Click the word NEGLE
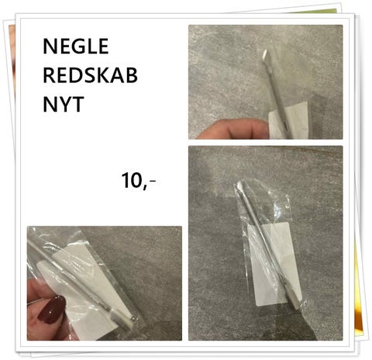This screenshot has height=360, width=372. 76,46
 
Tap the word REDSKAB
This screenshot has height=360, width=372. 90,75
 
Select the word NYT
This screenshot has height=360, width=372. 64,104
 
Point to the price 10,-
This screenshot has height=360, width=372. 139,180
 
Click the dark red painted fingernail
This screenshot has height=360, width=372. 53,310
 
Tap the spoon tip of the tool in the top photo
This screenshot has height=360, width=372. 266,56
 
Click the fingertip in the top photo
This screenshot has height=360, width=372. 232,129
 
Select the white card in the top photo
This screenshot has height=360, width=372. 289,121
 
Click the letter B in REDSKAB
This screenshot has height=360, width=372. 131,75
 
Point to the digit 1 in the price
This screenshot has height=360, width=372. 126,180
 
